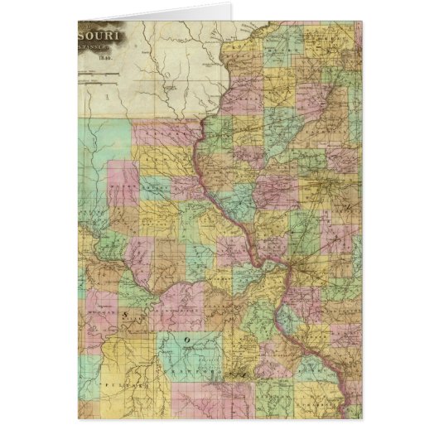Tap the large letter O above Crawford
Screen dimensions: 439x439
pyautogui.click(x=187, y=340)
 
